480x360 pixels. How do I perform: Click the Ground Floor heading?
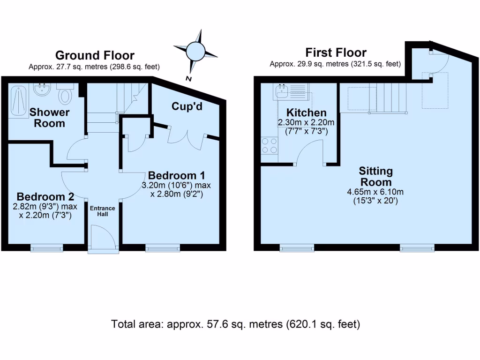(95, 56)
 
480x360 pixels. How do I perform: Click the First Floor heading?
(336, 52)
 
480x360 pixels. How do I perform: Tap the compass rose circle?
(195, 50)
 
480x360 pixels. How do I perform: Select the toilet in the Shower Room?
(65, 95)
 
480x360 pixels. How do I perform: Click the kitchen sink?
(282, 90)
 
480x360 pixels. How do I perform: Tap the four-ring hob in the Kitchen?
(270, 145)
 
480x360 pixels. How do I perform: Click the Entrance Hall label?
(103, 211)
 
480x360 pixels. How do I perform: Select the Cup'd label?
(187, 107)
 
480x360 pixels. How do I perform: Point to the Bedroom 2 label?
(44, 196)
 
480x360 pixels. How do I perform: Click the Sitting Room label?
(376, 176)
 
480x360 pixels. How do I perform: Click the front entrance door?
(103, 239)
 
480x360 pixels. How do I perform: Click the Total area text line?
(235, 324)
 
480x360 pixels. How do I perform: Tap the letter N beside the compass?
(187, 79)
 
